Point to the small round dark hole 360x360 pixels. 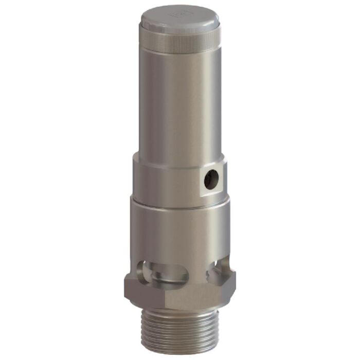(x=211, y=178)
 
